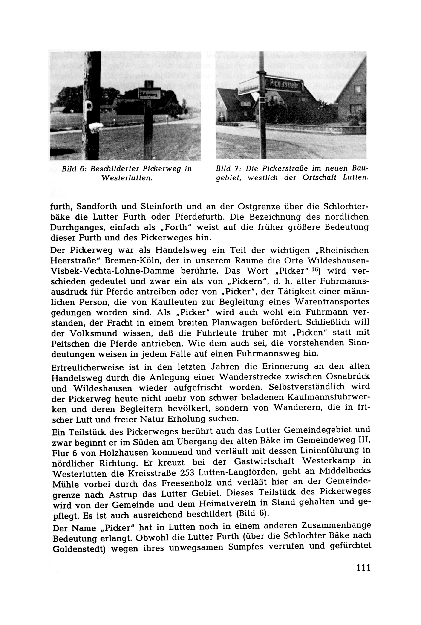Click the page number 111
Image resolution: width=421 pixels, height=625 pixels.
363,567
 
